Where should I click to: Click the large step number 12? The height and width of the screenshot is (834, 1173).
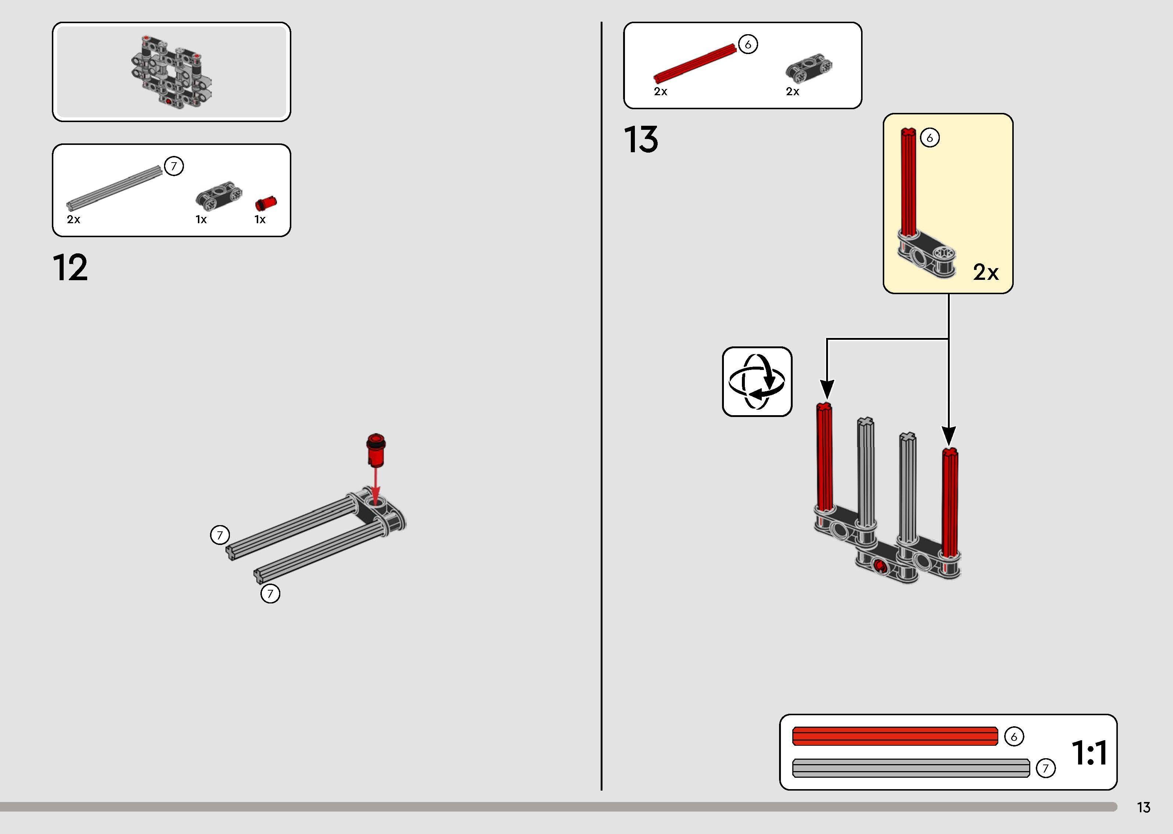(x=70, y=268)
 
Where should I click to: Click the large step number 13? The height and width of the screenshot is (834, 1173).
(x=641, y=140)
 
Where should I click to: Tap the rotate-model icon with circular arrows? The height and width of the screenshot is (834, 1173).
(x=757, y=382)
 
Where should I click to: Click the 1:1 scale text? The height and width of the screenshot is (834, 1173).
(x=1089, y=753)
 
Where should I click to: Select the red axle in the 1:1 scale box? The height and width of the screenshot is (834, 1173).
(x=895, y=736)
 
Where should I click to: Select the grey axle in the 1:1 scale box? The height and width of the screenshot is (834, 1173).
(x=911, y=768)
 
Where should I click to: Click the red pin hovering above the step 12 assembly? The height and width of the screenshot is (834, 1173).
(x=376, y=450)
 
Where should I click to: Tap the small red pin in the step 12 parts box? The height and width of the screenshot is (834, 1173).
(x=266, y=203)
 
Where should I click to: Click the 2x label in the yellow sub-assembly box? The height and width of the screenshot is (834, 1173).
(x=985, y=272)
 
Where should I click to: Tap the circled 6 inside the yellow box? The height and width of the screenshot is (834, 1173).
(x=929, y=138)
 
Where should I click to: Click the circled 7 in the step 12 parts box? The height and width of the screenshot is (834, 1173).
(x=174, y=166)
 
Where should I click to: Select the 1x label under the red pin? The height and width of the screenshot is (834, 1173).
(x=260, y=220)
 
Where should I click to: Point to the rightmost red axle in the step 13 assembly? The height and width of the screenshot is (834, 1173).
(x=950, y=503)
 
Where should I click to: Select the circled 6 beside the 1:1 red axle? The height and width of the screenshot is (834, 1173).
(x=1014, y=737)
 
